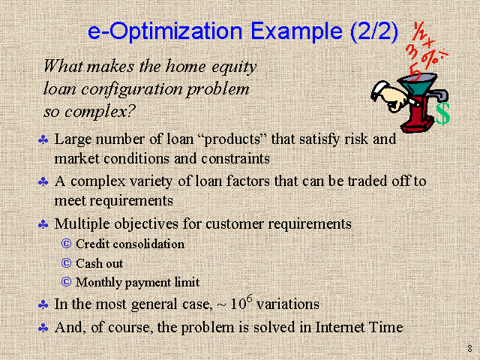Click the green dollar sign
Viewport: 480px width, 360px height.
442,114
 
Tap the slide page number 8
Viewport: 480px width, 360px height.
469,348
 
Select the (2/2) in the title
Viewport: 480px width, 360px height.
374,31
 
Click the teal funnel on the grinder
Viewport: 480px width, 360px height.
418,83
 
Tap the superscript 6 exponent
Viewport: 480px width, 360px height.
250,298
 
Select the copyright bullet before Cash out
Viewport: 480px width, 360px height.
66,263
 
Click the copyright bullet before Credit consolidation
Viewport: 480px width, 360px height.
66,244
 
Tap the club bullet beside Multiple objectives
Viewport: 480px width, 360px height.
43,225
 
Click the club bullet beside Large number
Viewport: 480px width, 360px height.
43,140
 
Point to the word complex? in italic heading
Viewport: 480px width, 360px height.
100,112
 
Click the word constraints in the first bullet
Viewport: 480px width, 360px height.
235,159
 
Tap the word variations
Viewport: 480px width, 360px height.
288,304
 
